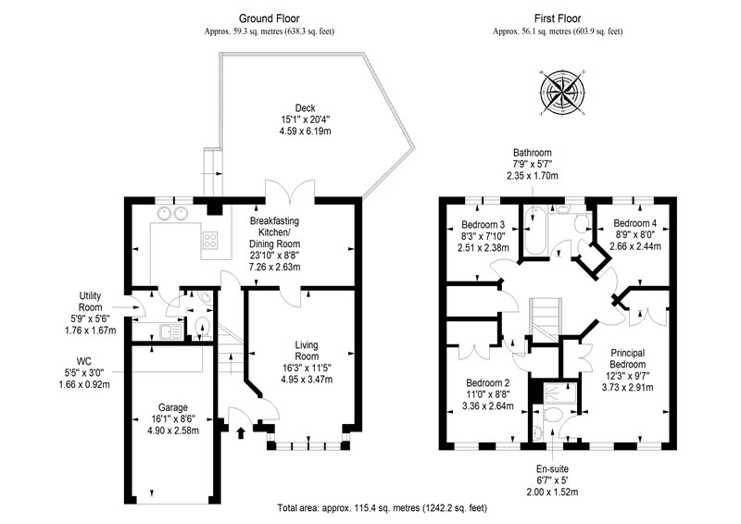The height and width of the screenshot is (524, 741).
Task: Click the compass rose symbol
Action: click(x=562, y=92)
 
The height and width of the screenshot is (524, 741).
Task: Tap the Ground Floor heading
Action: click(x=269, y=19)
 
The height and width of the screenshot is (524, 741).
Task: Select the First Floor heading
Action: click(x=558, y=19)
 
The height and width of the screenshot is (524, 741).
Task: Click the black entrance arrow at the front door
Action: click(x=241, y=432)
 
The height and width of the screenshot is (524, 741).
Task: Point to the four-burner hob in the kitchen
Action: click(x=210, y=240)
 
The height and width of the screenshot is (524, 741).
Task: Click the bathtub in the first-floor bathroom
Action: click(x=534, y=231)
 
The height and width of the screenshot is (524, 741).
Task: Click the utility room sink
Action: click(x=170, y=331)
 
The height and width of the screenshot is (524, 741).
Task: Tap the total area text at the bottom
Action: click(x=383, y=508)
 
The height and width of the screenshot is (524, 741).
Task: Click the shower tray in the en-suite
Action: click(x=560, y=392)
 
